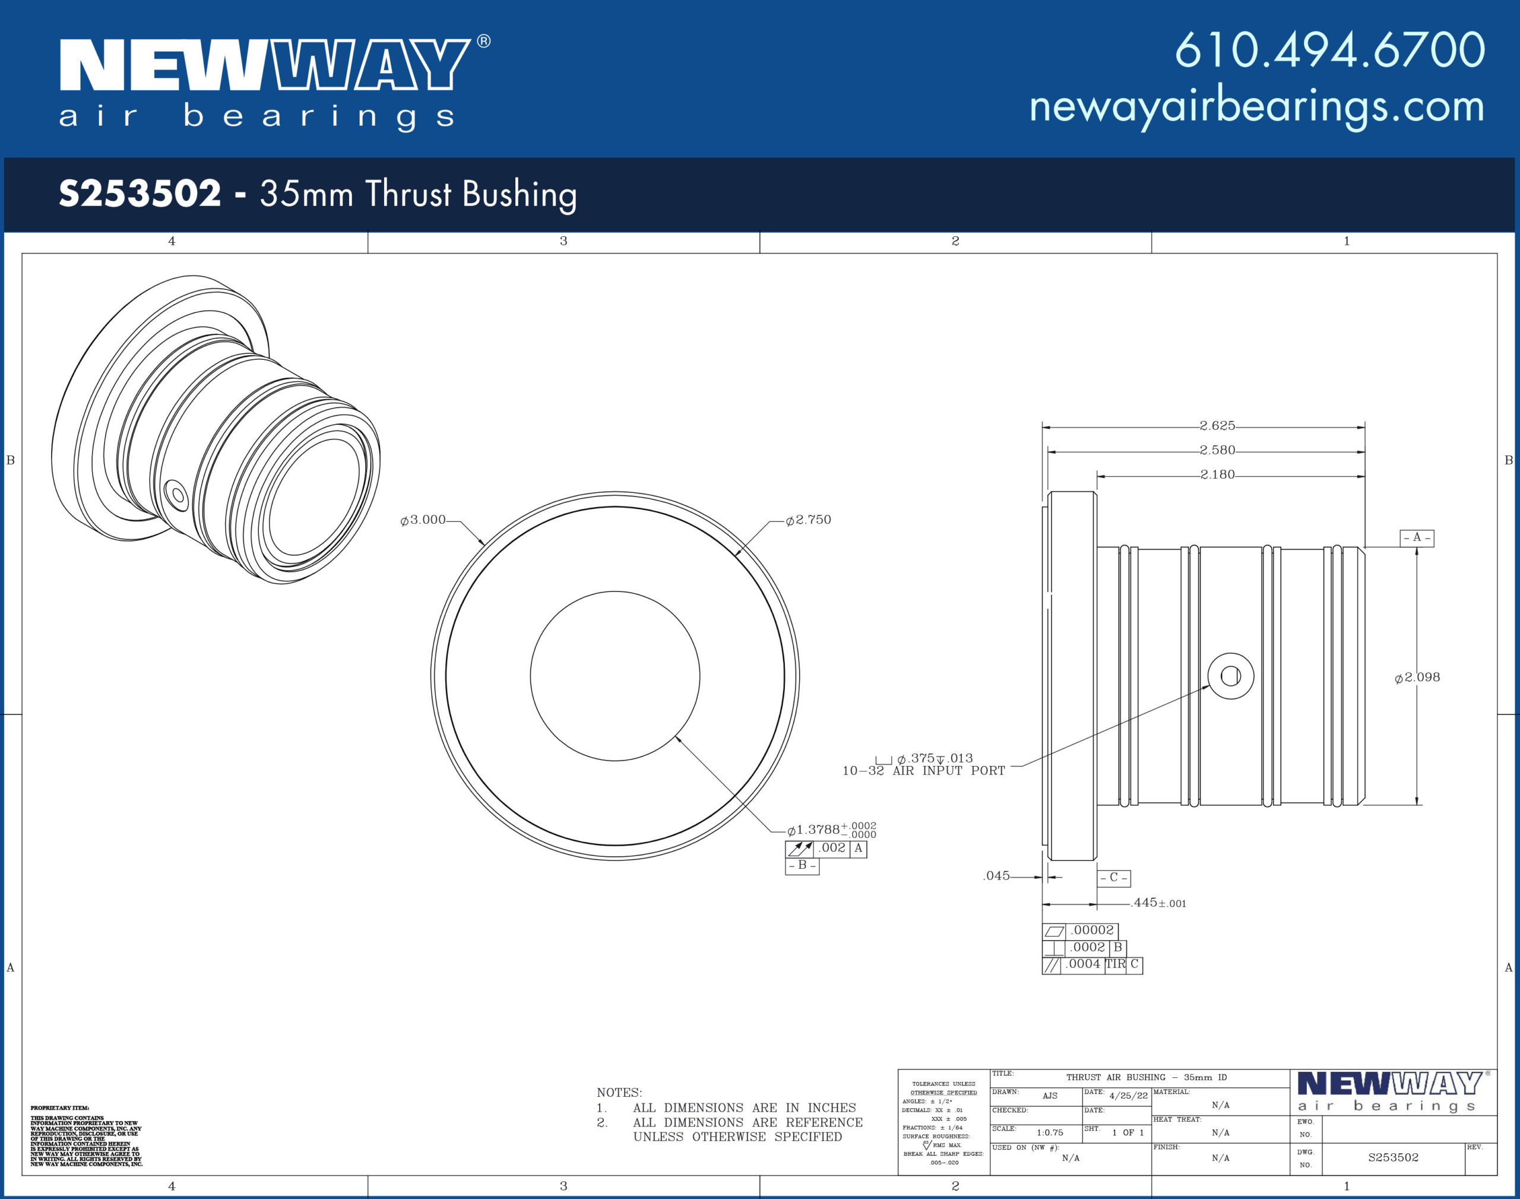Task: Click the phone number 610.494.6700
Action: [x=1330, y=50]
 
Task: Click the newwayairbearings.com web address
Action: [x=1257, y=107]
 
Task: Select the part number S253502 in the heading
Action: [x=140, y=193]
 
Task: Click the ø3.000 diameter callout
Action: [x=423, y=520]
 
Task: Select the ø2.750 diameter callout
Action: [x=809, y=520]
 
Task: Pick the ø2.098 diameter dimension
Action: [x=1417, y=677]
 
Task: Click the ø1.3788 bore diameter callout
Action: [x=832, y=829]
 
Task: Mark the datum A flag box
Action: [x=1417, y=537]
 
